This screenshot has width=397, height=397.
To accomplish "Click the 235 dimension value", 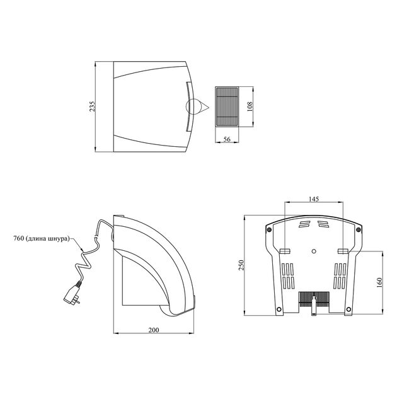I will point(93,106).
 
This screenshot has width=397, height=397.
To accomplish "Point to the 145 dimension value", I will point(314,198).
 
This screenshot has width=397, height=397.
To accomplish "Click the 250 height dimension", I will point(239,265).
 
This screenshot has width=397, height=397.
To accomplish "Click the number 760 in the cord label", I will point(19,239).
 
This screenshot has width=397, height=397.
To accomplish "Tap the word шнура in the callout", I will point(55,239).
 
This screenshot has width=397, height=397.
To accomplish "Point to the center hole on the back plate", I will point(314,250).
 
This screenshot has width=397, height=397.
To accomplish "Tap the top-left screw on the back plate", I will point(269,229).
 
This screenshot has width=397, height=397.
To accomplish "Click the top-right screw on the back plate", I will point(359,229).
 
